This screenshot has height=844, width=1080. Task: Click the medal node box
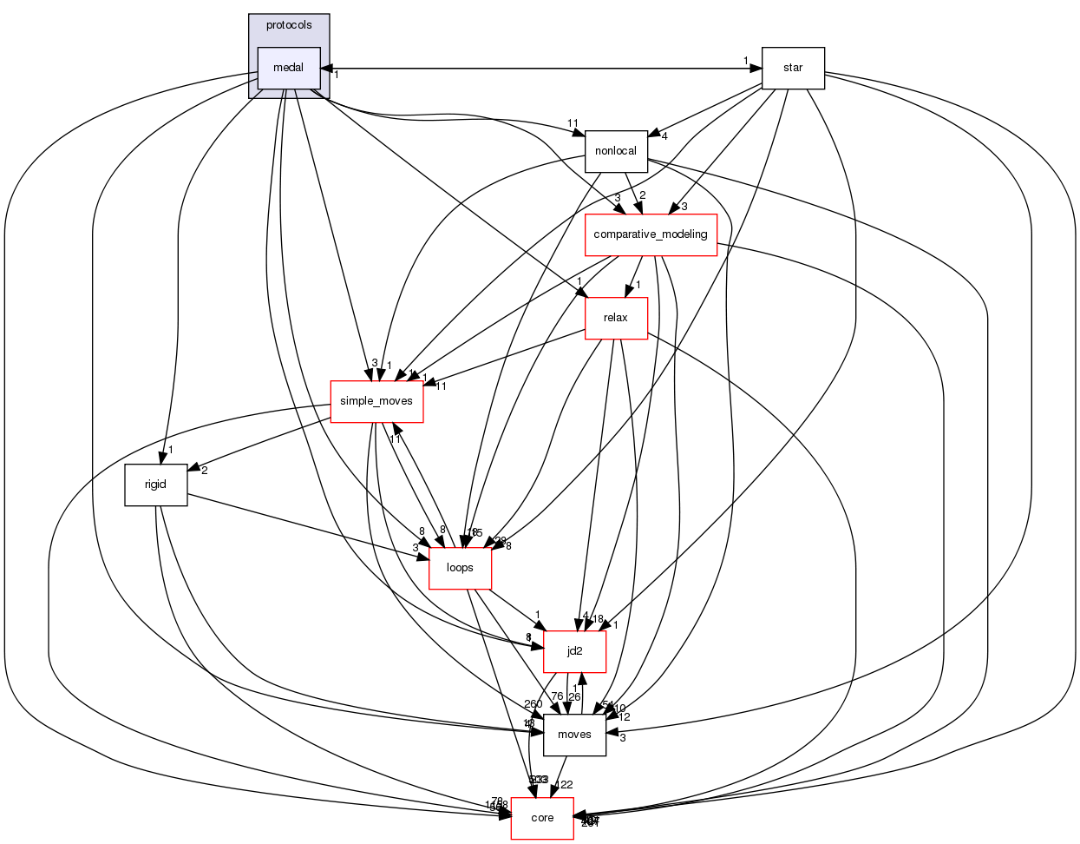click(x=289, y=68)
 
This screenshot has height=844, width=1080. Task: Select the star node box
click(x=792, y=68)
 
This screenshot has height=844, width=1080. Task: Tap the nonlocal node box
click(x=616, y=151)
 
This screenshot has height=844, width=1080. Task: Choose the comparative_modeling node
click(x=651, y=234)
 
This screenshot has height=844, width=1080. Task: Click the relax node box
click(x=616, y=318)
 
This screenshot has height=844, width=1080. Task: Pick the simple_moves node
click(x=376, y=401)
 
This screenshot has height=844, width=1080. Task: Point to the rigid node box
click(x=155, y=485)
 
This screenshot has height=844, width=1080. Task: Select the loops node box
click(x=460, y=568)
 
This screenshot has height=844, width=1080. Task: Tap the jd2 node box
click(x=574, y=651)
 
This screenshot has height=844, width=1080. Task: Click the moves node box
click(x=574, y=735)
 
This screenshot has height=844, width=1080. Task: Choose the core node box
click(x=542, y=818)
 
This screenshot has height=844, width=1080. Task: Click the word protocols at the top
click(x=289, y=25)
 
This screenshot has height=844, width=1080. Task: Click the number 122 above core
click(x=564, y=785)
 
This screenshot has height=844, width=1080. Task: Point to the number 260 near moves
click(x=533, y=704)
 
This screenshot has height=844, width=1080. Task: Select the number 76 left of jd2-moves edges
click(x=557, y=696)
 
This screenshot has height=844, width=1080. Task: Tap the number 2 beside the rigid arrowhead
click(x=204, y=471)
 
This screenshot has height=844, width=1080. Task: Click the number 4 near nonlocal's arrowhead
click(x=664, y=135)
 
